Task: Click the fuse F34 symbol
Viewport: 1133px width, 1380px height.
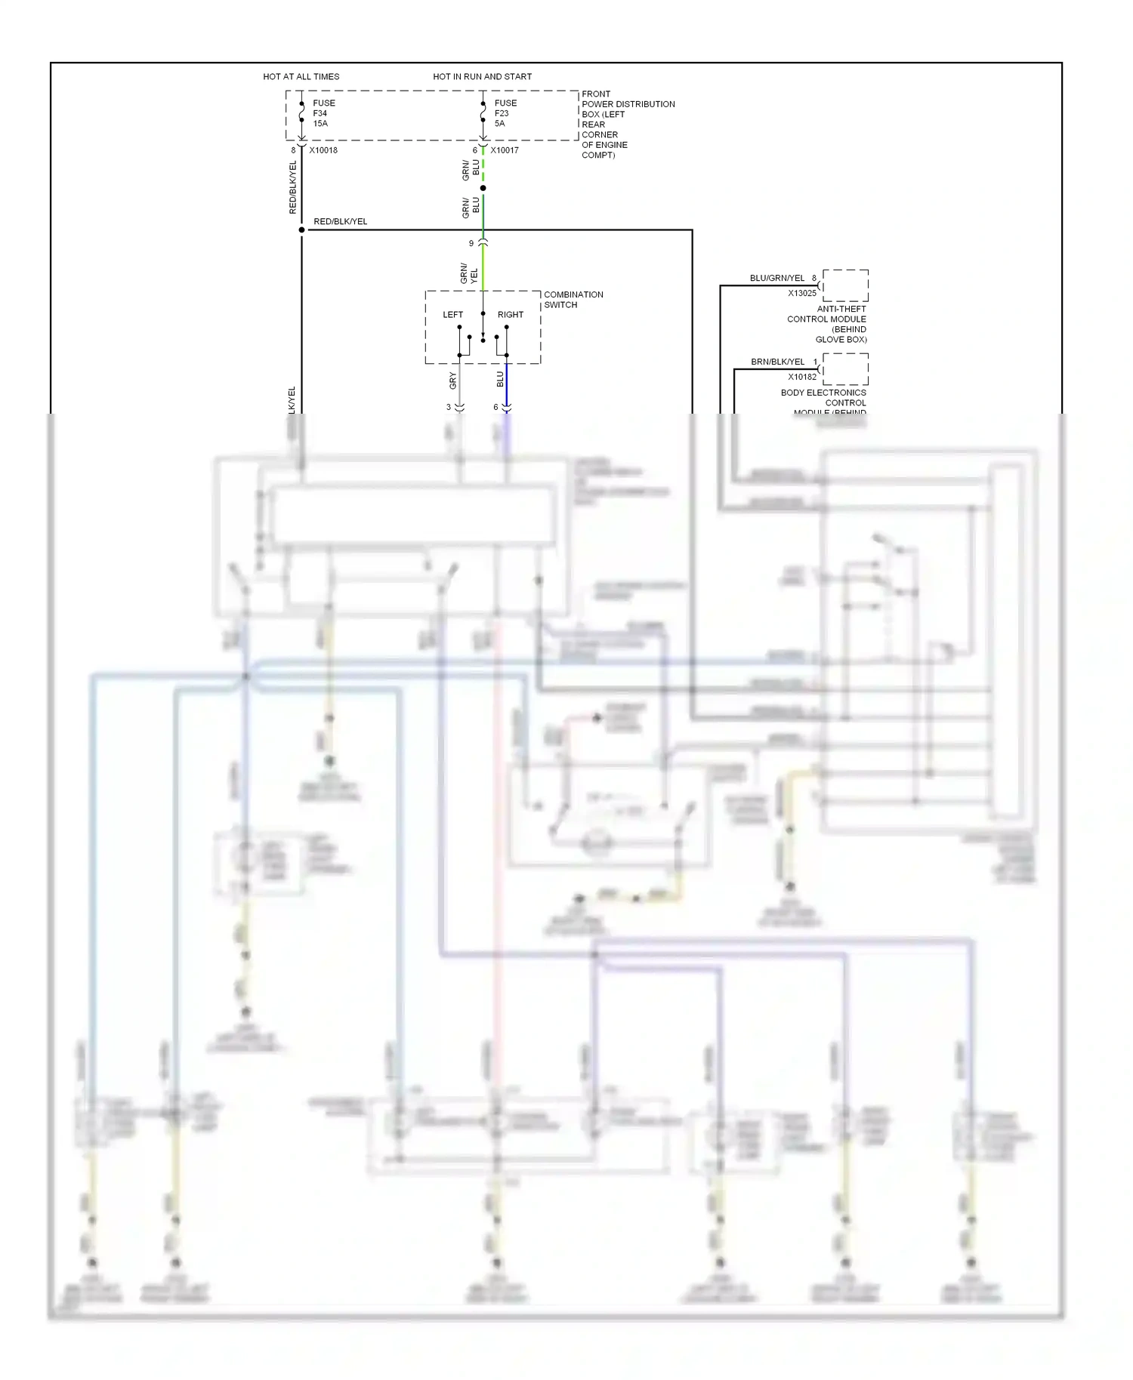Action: click(301, 113)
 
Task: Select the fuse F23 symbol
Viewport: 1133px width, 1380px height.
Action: click(483, 113)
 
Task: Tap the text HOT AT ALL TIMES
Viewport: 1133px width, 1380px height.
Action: click(301, 76)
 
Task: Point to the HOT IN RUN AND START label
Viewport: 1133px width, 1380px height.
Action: click(482, 76)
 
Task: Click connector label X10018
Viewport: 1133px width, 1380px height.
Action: click(323, 150)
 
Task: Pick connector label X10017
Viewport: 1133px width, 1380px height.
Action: click(505, 150)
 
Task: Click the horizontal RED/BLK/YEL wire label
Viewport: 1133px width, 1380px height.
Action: click(340, 221)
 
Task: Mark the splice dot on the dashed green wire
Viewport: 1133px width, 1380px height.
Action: click(483, 188)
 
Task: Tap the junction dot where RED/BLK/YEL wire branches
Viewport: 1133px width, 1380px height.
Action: click(301, 229)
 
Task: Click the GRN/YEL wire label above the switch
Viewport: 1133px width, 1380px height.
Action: click(469, 274)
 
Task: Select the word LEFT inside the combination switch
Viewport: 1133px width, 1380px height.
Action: click(453, 315)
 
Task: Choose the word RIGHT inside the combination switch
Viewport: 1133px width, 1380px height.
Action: click(511, 315)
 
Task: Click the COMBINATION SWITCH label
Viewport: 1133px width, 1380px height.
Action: click(573, 300)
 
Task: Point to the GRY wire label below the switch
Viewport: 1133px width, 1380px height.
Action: click(453, 380)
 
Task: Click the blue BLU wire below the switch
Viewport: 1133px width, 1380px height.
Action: click(506, 385)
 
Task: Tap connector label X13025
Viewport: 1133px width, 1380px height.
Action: click(802, 294)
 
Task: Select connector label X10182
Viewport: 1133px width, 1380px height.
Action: click(802, 377)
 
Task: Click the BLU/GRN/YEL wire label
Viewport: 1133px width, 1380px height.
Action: click(777, 278)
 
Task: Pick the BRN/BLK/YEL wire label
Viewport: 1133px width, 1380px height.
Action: click(777, 362)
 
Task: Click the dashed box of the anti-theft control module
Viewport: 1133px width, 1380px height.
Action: click(846, 285)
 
